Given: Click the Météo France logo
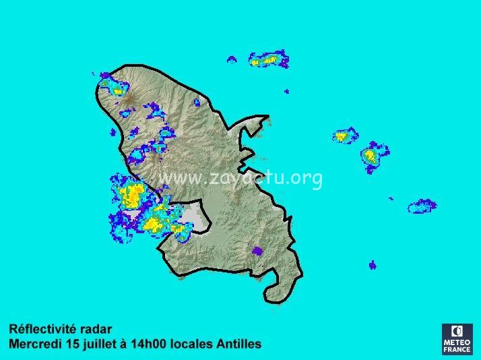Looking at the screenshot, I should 457,338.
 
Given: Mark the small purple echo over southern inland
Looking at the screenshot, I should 257,251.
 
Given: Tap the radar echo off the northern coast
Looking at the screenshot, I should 269,60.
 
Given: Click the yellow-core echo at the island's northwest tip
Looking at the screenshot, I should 115,88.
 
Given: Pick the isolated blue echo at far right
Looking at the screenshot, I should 422,206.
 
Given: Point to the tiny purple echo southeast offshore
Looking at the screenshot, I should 373,265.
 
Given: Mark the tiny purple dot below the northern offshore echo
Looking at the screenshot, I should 286,91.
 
